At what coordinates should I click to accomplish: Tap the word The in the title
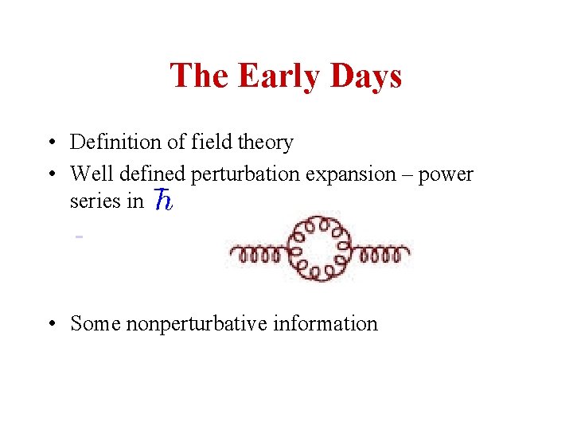click(x=199, y=76)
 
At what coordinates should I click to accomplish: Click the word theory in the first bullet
click(x=267, y=143)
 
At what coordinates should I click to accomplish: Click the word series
click(x=90, y=201)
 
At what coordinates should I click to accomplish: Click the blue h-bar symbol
click(x=162, y=201)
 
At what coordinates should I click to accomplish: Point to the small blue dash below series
click(x=80, y=236)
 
